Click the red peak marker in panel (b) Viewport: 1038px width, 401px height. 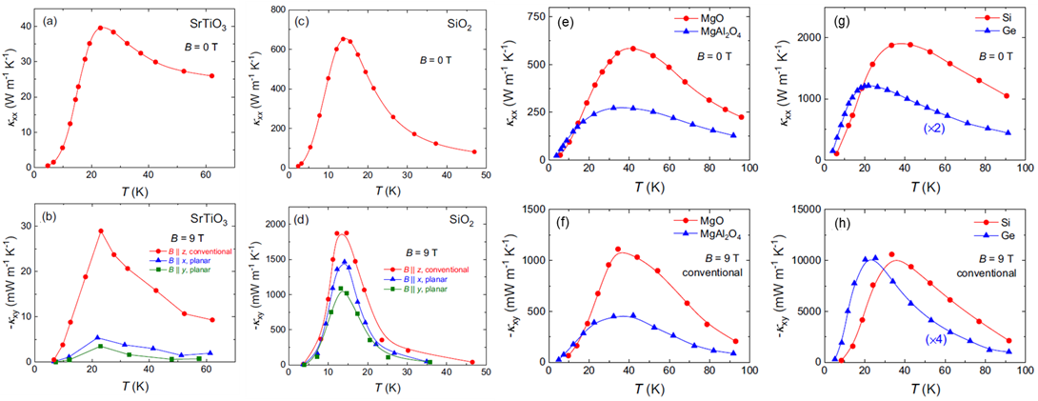pyautogui.click(x=101, y=231)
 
